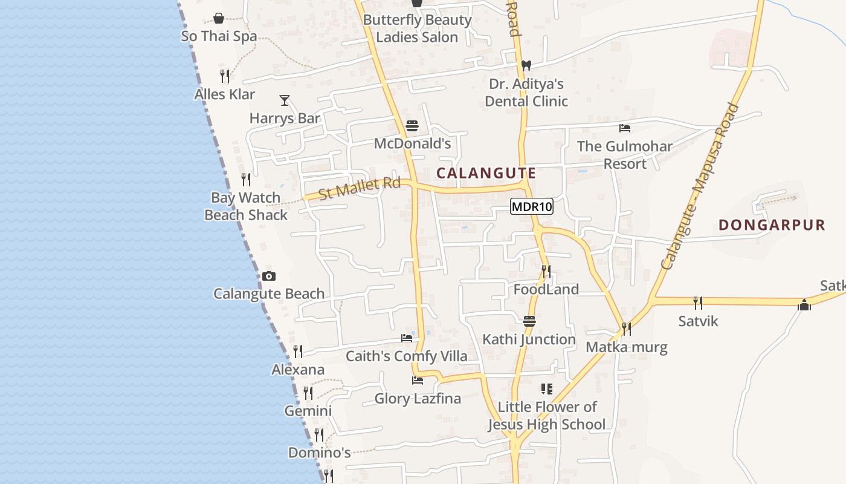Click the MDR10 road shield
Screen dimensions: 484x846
(532, 207)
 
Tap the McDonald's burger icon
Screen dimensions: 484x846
(412, 126)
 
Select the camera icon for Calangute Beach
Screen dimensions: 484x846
(269, 276)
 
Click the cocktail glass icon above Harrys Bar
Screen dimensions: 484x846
(285, 100)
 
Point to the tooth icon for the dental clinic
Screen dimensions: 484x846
(526, 65)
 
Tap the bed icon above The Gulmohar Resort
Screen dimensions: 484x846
(625, 128)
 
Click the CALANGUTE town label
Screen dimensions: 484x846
(486, 173)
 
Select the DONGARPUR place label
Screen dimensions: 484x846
(772, 225)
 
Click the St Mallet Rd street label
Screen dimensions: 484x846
(360, 188)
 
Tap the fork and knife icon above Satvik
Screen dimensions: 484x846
(698, 302)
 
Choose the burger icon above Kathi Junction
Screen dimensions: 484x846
(529, 321)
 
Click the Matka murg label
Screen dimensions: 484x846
(627, 347)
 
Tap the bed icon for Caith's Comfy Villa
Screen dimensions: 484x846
(407, 338)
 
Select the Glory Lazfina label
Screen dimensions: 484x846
(418, 399)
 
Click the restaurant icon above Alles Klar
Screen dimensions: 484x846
(225, 76)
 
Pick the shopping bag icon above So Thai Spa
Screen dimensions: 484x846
(219, 19)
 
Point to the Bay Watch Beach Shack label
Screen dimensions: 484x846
(246, 206)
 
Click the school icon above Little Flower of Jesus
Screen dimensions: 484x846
(547, 388)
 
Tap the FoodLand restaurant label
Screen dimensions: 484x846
(546, 289)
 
